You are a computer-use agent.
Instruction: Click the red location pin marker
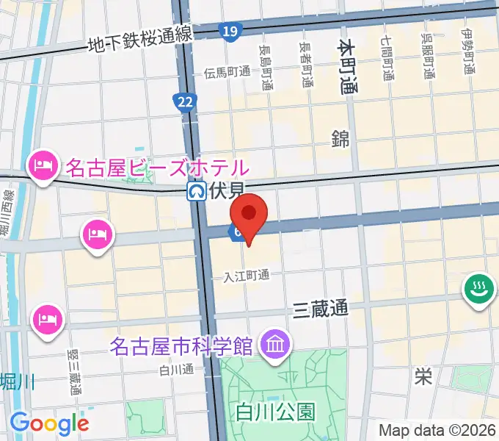pos(249,214)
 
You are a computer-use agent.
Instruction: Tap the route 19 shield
pos(230,30)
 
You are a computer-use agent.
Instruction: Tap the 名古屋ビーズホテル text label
pos(158,168)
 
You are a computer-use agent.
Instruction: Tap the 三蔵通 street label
pos(320,309)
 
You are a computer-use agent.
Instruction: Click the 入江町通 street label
pos(247,276)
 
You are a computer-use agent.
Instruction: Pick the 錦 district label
pos(340,137)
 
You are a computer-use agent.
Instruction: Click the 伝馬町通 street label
pos(227,72)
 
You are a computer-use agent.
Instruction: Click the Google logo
pos(49,423)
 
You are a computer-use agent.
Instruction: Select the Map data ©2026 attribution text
pos(437,430)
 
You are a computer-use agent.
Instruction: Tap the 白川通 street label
pos(175,370)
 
